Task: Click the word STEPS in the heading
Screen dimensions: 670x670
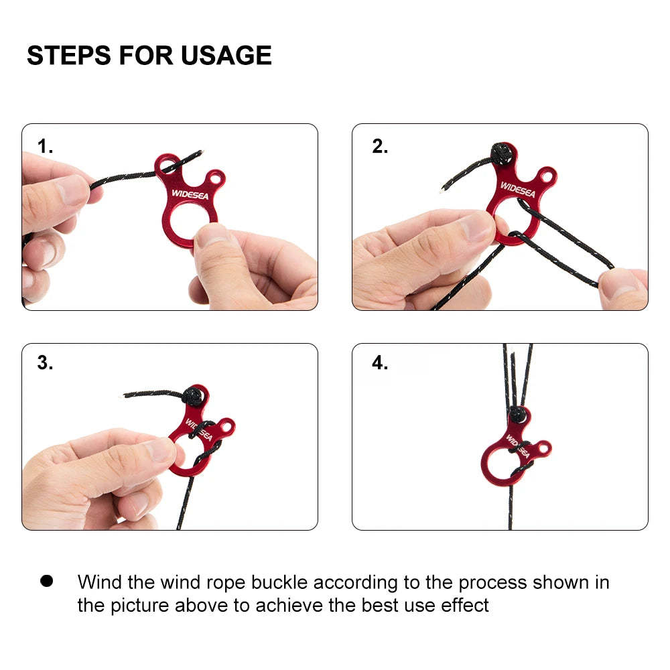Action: pos(69,56)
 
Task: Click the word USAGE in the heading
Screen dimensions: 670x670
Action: pos(226,56)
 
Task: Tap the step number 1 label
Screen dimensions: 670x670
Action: pos(45,146)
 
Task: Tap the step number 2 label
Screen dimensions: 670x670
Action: pos(380,146)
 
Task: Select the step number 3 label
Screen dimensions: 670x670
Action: pos(45,362)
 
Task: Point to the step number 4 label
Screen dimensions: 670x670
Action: pos(380,362)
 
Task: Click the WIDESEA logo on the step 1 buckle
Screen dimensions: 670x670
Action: pos(190,194)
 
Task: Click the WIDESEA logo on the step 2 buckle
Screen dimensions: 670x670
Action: pos(518,190)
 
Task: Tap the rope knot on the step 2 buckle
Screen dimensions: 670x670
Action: pos(502,154)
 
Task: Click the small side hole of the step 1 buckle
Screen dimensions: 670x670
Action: pos(215,177)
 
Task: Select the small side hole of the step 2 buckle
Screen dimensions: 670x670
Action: pos(547,175)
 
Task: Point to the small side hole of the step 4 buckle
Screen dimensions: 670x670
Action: pos(543,448)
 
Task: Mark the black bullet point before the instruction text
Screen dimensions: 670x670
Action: pos(47,581)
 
